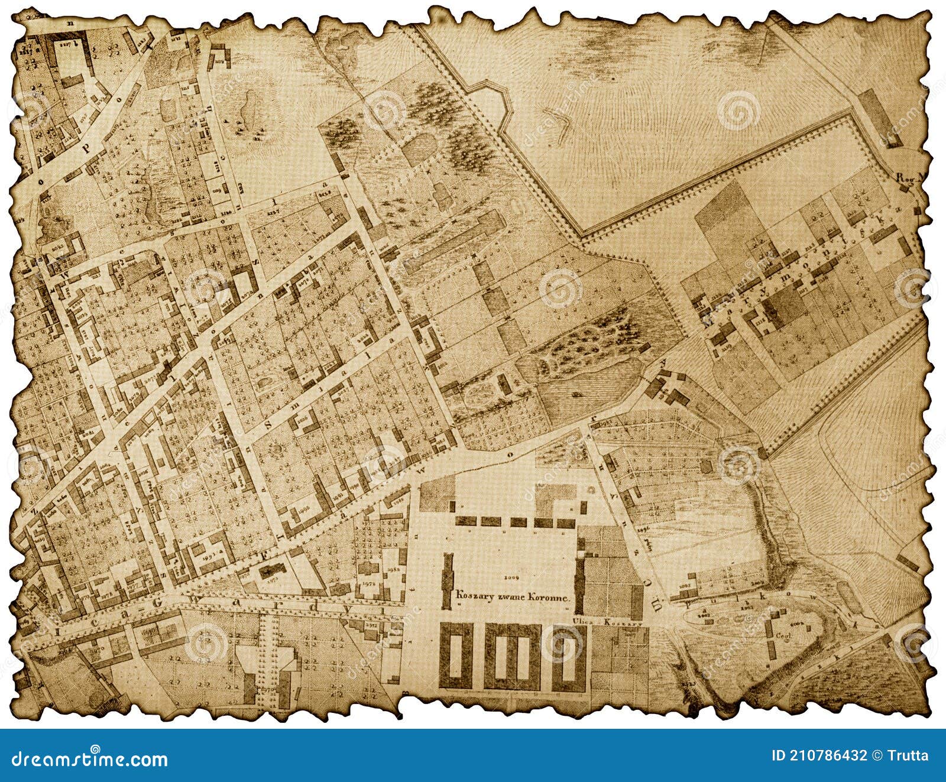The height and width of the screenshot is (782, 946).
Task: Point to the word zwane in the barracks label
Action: pyautogui.click(x=507, y=598)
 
